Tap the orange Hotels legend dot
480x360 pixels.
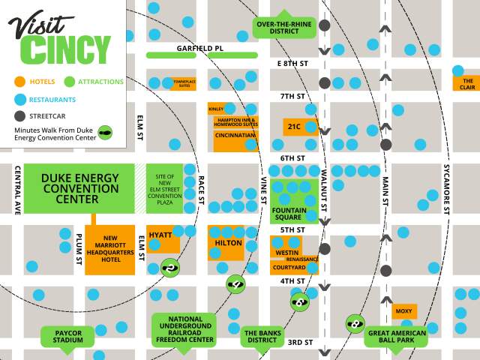point(19,81)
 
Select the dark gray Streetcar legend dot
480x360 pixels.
point(19,116)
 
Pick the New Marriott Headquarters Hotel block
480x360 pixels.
point(109,248)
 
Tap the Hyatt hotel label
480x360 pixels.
point(160,235)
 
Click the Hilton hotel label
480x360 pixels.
point(227,243)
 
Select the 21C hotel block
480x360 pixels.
point(293,126)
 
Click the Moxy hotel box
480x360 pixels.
point(403,310)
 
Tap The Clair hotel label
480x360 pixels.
point(468,83)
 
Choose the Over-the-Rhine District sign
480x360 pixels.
point(284,27)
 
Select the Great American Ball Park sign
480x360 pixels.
point(395,336)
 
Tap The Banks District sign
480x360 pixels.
point(262,336)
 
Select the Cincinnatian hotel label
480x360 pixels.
point(235,136)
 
